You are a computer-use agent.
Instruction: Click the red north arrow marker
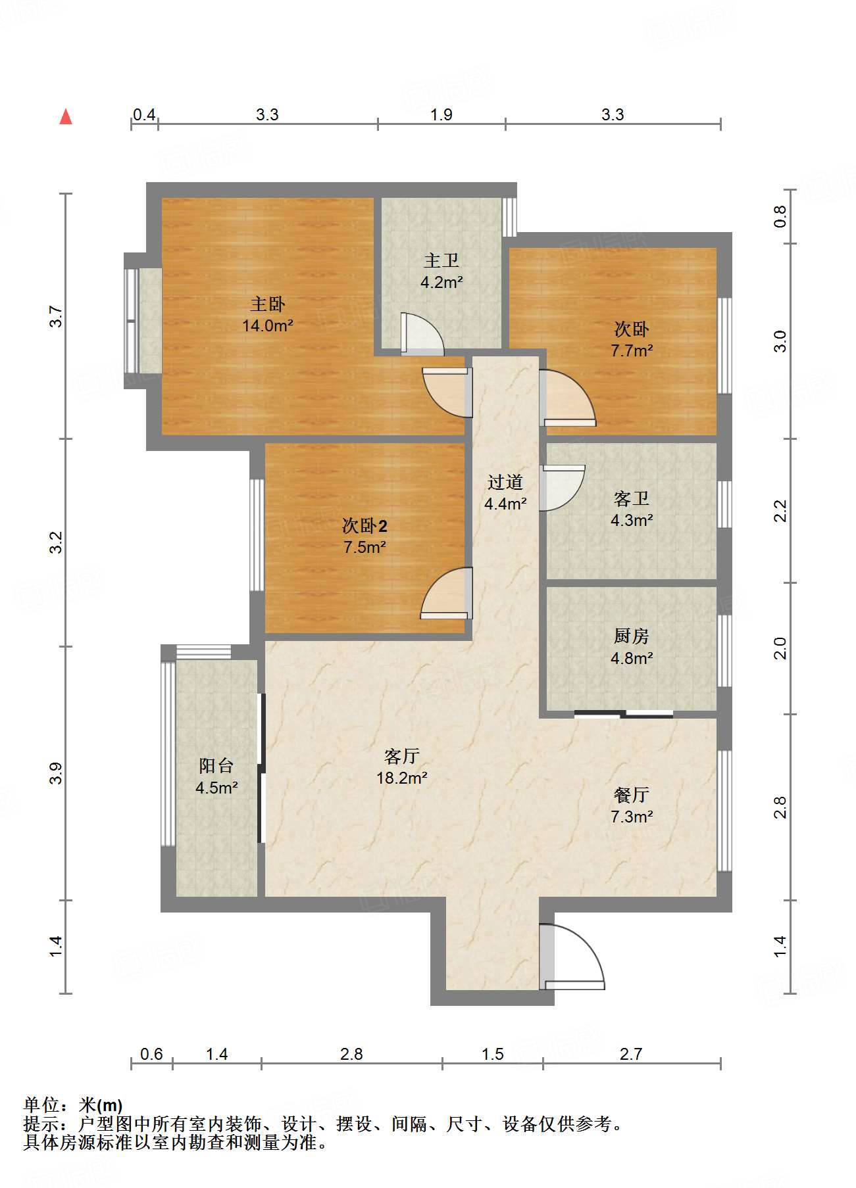click(x=66, y=116)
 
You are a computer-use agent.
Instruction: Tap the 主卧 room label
click(x=268, y=304)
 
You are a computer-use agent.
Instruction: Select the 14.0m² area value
click(x=268, y=325)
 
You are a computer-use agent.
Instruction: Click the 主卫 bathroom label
click(x=441, y=261)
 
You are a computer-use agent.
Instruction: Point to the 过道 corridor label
click(x=505, y=483)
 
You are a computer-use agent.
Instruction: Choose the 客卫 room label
click(x=632, y=499)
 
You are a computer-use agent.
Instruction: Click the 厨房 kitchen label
click(x=632, y=636)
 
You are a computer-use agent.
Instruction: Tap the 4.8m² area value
click(x=632, y=658)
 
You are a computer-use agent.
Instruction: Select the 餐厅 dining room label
click(x=632, y=795)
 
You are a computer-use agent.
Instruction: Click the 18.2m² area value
click(x=402, y=778)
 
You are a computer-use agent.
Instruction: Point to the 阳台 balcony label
click(x=216, y=766)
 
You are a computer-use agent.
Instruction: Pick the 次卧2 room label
click(x=365, y=525)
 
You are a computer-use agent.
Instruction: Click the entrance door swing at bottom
click(x=572, y=957)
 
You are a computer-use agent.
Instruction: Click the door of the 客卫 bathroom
click(x=563, y=488)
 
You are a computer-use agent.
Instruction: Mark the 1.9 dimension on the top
click(x=441, y=115)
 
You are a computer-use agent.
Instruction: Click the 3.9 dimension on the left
click(x=57, y=773)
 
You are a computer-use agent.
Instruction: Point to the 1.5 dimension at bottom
click(x=493, y=1055)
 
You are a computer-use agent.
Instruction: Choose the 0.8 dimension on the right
click(x=780, y=216)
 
